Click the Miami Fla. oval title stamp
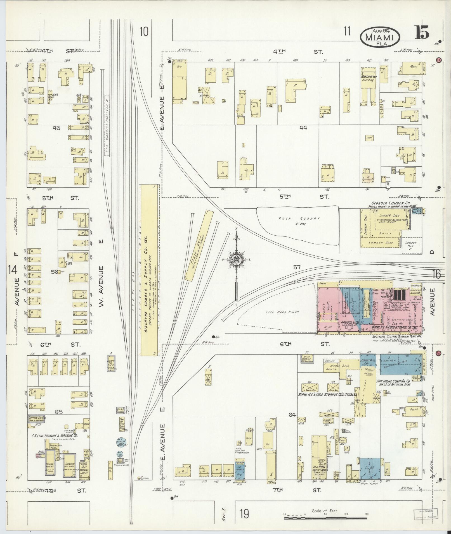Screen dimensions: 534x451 point(380,37)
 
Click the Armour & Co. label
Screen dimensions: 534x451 point(350,322)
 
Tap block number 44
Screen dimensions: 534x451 point(303,128)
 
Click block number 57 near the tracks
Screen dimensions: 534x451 point(297,267)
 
